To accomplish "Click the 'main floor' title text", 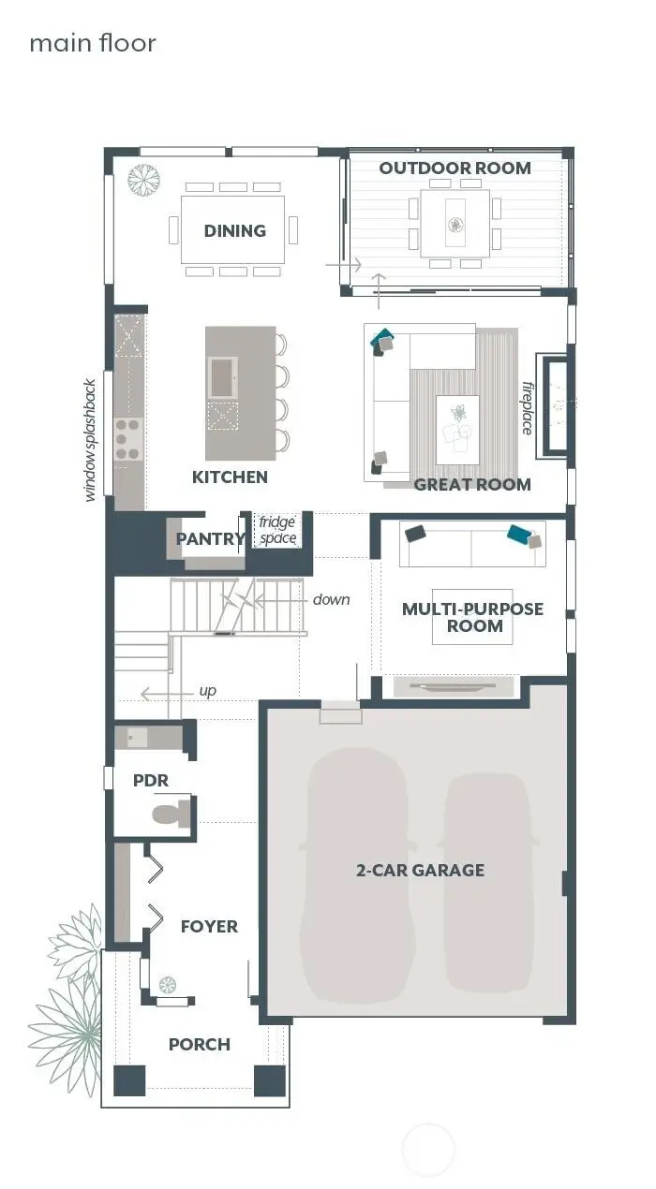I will click(x=93, y=43).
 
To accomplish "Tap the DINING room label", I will click(x=235, y=230).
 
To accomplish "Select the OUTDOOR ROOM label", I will click(x=455, y=169).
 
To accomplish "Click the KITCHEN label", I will click(x=230, y=477).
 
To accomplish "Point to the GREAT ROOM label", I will click(x=472, y=484).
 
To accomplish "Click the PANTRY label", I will click(x=210, y=539).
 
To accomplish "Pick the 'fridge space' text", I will click(x=278, y=530).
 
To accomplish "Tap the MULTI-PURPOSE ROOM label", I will click(x=472, y=617).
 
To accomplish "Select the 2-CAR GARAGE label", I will click(x=420, y=870).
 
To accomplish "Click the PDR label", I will click(x=150, y=780).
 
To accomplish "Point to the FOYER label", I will click(x=209, y=926).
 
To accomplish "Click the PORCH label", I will click(x=199, y=1044).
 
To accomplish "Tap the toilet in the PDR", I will click(x=169, y=812).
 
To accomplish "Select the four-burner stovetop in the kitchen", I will click(x=127, y=439).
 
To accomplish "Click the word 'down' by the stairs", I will click(x=331, y=599).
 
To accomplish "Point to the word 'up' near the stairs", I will click(x=207, y=691).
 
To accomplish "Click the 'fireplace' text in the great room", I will click(x=527, y=407).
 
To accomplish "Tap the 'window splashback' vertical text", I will click(x=91, y=440).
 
